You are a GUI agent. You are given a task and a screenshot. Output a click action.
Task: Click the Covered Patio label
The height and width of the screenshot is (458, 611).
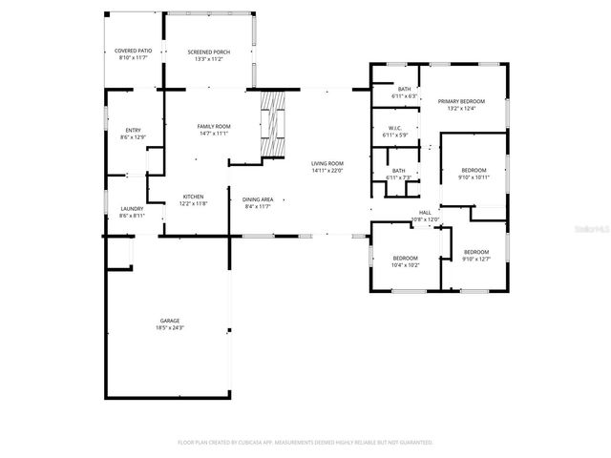[x=133, y=51]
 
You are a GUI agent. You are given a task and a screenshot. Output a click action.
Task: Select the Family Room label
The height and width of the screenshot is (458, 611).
[x=214, y=126]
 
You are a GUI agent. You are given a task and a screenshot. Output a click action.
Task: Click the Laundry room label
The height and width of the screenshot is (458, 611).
[x=132, y=209]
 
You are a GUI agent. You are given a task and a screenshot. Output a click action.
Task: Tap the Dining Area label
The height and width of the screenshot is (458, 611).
[x=258, y=198]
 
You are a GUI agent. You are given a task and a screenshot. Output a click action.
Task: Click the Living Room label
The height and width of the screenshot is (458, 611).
[x=327, y=163]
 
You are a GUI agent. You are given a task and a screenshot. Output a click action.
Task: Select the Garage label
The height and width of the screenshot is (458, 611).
[x=170, y=321]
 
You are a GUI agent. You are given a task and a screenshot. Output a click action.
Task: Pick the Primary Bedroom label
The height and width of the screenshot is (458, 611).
[x=461, y=101]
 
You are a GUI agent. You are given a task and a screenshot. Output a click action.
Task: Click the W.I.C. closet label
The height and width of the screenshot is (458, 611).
[x=394, y=128]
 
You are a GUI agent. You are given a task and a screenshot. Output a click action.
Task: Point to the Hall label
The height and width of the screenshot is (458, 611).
[x=425, y=213]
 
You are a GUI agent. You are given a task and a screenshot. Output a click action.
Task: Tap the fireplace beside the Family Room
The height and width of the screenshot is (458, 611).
[x=273, y=124]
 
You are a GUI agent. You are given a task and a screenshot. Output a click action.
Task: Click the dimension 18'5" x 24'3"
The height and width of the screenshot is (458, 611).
[x=170, y=328]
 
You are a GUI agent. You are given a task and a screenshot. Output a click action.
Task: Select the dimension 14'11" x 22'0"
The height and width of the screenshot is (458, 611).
[x=327, y=171]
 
